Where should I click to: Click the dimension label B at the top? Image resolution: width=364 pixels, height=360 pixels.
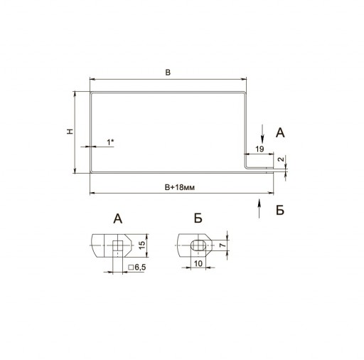168,73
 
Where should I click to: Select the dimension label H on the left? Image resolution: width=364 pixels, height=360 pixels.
70,132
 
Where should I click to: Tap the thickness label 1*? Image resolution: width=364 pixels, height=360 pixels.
110,142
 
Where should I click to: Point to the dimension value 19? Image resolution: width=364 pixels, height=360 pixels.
259,149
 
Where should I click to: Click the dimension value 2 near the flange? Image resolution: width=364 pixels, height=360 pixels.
281,159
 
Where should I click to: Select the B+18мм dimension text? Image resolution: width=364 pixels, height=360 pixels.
180,187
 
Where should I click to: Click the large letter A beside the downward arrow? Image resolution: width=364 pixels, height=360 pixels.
280,133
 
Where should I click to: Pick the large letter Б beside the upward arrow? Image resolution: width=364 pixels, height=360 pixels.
280,210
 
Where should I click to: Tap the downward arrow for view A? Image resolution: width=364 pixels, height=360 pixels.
262,133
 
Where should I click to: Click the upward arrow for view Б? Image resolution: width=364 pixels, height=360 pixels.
259,208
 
